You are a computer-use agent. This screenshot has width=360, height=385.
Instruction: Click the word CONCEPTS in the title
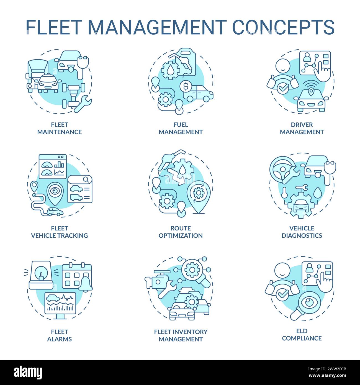click(283, 27)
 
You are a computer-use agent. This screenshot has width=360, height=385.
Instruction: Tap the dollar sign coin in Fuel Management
click(186, 87)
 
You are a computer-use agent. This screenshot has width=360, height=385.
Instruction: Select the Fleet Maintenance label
click(59, 128)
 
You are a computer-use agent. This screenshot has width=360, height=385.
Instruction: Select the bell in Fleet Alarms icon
click(85, 284)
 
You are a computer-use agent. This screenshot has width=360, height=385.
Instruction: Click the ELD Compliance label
click(302, 335)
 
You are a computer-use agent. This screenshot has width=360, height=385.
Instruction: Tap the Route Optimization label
click(181, 232)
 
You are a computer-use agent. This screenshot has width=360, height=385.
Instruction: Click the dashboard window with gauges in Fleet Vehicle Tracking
click(53, 166)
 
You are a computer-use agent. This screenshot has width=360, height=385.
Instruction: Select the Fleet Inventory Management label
click(181, 335)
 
